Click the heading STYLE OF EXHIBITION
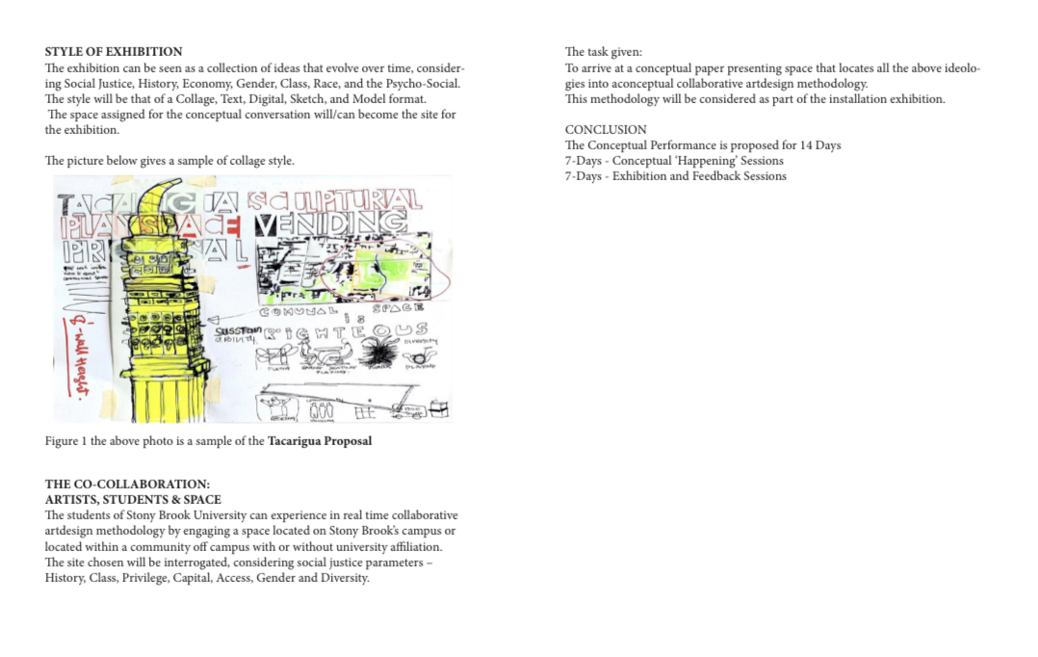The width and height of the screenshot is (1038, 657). (x=113, y=51)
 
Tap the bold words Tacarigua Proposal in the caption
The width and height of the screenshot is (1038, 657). (x=320, y=441)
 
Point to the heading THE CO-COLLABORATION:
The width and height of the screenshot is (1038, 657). (x=127, y=484)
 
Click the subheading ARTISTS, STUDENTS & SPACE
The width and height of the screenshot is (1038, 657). (x=133, y=499)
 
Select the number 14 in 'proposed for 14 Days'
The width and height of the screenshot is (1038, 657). (x=806, y=145)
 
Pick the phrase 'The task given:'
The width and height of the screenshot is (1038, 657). (x=603, y=52)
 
